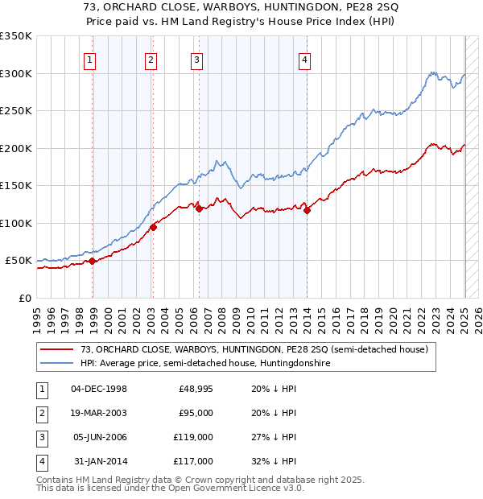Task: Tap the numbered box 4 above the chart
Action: coord(304,59)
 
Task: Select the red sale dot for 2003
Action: coord(153,227)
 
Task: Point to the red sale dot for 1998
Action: coord(93,261)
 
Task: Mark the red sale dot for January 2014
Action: coord(308,210)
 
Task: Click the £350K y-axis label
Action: coord(15,36)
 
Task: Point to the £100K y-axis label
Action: coord(15,223)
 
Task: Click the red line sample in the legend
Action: coord(57,349)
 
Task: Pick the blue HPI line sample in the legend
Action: coord(57,363)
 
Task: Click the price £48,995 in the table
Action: coord(196,389)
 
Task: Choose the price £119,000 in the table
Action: coord(195,437)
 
